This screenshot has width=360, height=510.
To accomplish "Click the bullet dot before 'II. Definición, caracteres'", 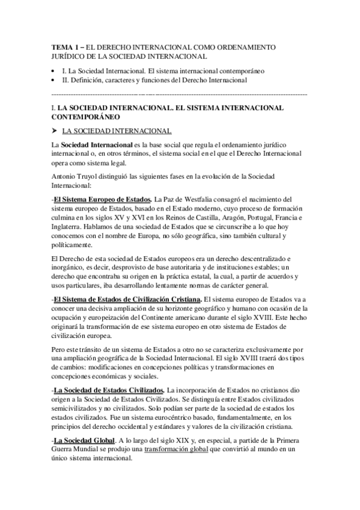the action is point(55,79).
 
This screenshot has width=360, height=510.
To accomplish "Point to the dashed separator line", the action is point(180,95).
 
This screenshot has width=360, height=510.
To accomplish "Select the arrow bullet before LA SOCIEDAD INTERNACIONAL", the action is point(55,131).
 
